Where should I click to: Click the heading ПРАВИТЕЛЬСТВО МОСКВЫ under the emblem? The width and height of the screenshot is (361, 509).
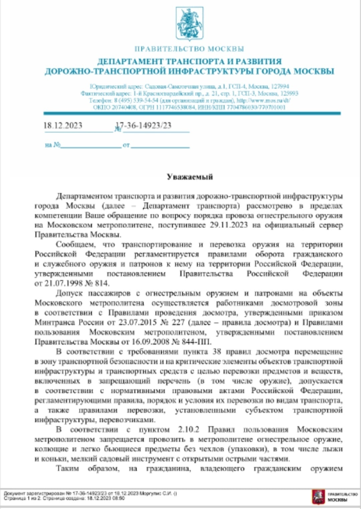point(189,49)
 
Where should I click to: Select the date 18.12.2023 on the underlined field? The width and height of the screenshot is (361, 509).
point(63,125)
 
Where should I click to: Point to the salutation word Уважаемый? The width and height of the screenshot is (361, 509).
point(190,177)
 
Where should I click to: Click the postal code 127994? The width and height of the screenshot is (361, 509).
point(280,86)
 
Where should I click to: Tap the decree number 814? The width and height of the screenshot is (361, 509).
point(102,283)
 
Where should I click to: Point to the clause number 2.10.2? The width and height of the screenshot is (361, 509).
point(189,429)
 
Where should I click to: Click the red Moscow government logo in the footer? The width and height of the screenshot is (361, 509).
point(318,497)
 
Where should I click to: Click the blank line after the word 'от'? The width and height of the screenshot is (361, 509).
point(160,146)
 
